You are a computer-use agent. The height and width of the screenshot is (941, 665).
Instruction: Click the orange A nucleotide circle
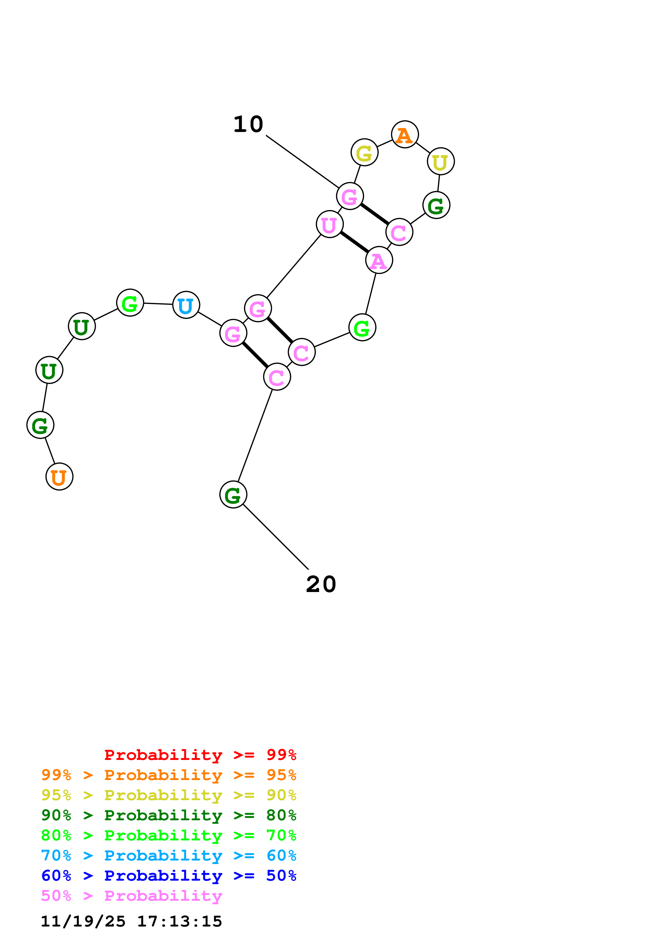[x=405, y=134]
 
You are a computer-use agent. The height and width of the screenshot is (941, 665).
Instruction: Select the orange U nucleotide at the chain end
[x=59, y=477]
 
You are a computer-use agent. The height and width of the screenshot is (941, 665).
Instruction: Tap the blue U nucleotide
[x=186, y=305]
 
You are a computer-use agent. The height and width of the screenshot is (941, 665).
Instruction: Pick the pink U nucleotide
[x=329, y=224]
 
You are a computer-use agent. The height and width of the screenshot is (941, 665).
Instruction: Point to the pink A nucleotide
[x=379, y=260]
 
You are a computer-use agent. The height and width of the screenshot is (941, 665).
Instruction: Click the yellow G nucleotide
[x=364, y=152]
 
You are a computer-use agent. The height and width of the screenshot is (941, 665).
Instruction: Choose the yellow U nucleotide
[x=440, y=161]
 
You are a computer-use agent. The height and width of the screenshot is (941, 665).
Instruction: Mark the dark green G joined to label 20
[x=233, y=495]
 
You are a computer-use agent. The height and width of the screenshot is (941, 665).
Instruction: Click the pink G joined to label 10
[x=350, y=196]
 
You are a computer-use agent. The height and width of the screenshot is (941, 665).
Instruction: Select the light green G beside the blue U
[x=130, y=303]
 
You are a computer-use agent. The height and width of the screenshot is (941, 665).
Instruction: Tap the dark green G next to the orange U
[x=40, y=425]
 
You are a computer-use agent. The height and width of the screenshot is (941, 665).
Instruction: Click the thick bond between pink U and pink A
[x=354, y=242]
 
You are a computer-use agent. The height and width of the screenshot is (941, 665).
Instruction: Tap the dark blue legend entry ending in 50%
[x=168, y=876]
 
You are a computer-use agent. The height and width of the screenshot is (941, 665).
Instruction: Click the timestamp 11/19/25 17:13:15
[x=131, y=921]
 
